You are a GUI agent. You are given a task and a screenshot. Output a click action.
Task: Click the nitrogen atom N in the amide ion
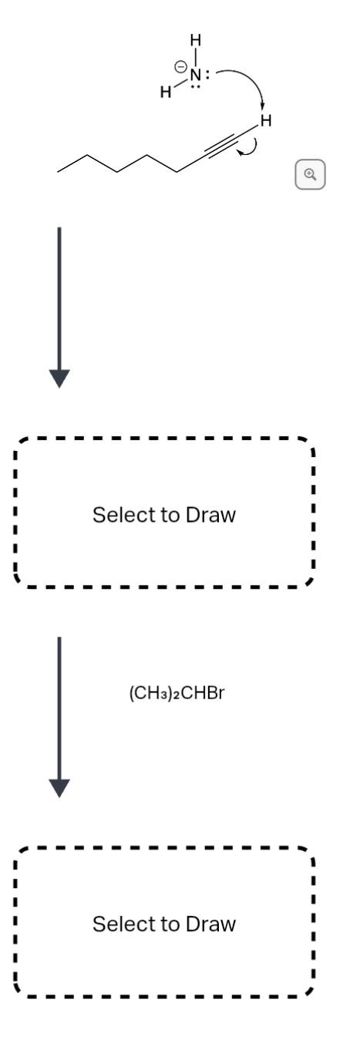(x=196, y=75)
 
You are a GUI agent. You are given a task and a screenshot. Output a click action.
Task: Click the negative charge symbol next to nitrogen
(x=180, y=69)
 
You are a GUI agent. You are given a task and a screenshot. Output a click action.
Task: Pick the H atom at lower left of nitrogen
(x=165, y=93)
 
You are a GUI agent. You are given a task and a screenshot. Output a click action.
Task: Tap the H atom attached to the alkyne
(x=266, y=120)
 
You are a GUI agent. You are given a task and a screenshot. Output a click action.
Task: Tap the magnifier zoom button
(x=310, y=174)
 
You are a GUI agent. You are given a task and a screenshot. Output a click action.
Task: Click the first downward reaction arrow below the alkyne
(x=59, y=301)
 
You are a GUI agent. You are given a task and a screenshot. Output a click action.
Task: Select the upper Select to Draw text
(x=163, y=514)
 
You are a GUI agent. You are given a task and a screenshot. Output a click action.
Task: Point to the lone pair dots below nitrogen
(x=196, y=86)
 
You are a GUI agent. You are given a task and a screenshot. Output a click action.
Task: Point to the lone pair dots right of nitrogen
(x=208, y=75)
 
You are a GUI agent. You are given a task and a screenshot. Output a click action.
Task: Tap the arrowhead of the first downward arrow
(x=59, y=379)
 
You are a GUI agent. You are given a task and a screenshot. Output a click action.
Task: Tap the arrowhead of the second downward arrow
(x=59, y=787)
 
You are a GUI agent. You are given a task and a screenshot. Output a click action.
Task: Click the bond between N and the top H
(x=196, y=57)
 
